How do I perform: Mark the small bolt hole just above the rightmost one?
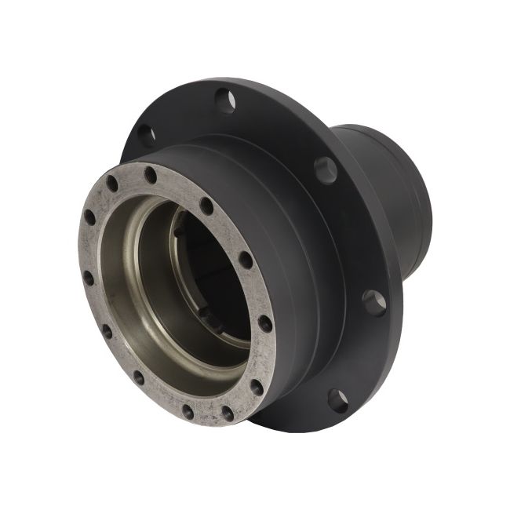point(246,260)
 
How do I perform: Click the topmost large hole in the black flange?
point(226,100)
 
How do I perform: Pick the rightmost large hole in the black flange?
point(374,303)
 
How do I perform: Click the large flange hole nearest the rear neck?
point(326,169)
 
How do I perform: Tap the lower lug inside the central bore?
point(206,312)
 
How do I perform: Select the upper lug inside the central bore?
point(180,230)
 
